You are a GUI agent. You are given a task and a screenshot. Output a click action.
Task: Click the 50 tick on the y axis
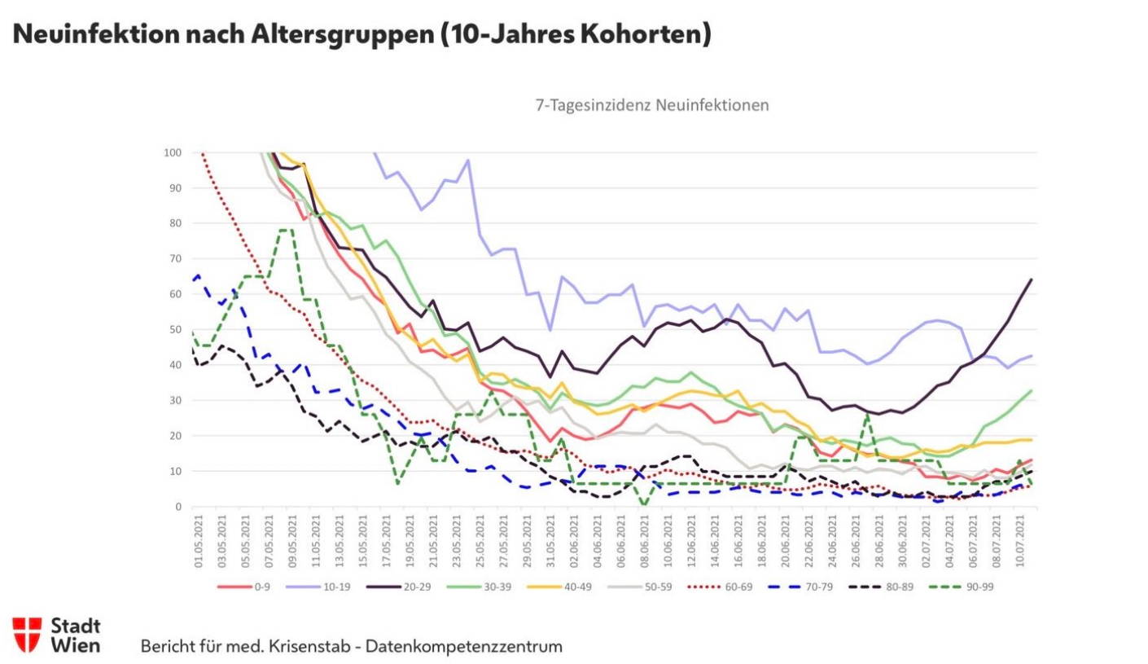[x=173, y=329]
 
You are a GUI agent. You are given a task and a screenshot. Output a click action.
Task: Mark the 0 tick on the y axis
[x=177, y=507]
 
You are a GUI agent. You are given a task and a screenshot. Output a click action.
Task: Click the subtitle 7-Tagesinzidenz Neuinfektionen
[x=651, y=105]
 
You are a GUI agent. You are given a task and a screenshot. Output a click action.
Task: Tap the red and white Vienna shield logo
[x=27, y=634]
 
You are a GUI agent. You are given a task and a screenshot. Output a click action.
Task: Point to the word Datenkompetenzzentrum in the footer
[x=463, y=647]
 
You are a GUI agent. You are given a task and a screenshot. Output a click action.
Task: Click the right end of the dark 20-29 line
[x=1032, y=279]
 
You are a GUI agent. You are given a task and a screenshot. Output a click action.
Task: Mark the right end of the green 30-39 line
[x=1032, y=390]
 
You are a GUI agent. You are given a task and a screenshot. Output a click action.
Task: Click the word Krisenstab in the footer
[x=310, y=647]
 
